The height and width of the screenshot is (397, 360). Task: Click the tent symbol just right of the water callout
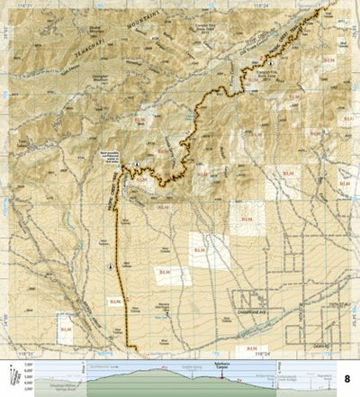click(135, 164)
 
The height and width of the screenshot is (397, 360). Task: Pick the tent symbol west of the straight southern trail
click(110, 266)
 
